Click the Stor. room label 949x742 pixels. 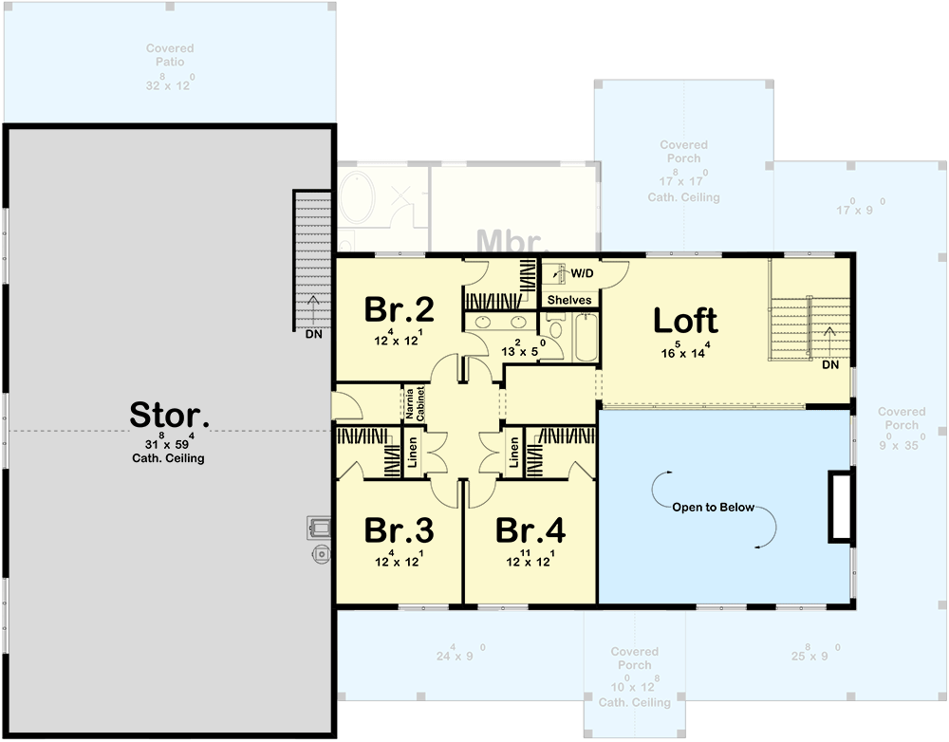169,415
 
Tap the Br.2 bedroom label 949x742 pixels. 400,310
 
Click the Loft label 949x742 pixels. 684,322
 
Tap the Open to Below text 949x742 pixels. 714,507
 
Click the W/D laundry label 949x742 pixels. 581,274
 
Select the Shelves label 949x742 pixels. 569,300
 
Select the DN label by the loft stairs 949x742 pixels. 829,365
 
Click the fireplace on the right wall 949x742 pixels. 840,507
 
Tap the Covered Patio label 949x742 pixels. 170,55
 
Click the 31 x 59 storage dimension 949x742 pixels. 169,443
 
